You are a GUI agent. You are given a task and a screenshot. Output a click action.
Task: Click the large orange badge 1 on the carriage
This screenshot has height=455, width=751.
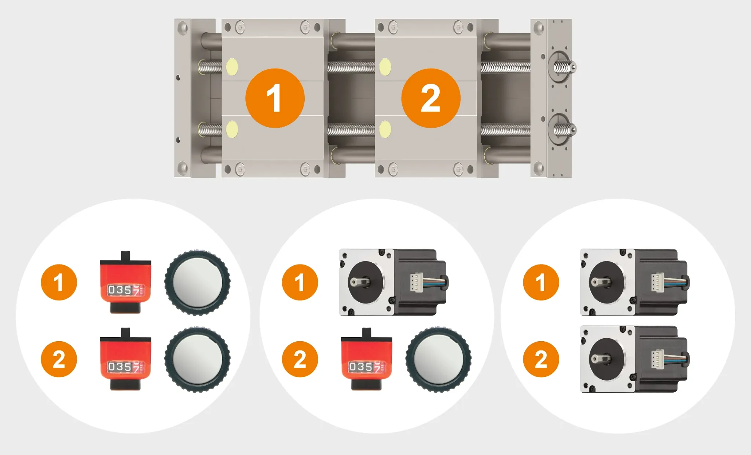(x=275, y=98)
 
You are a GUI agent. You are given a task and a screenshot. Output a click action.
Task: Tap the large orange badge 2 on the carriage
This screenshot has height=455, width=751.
(x=431, y=98)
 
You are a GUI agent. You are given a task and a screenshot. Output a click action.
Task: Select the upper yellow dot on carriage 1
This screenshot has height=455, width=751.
(x=232, y=67)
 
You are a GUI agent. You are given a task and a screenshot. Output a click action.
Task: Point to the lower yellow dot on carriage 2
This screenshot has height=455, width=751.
(x=385, y=129)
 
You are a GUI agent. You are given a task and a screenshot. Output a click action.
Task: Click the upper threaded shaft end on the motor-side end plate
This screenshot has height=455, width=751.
(x=565, y=67)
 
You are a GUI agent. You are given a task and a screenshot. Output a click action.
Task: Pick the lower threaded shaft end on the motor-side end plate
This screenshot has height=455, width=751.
(x=565, y=130)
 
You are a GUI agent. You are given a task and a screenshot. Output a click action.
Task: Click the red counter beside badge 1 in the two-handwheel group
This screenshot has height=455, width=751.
(x=125, y=282)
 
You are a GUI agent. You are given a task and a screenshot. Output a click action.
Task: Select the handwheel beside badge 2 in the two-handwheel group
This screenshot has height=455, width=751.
(x=198, y=360)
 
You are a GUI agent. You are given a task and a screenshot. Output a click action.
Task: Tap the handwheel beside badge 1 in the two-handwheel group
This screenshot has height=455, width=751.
(x=198, y=283)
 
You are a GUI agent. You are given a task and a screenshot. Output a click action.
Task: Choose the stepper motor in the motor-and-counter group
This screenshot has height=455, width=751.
(x=393, y=283)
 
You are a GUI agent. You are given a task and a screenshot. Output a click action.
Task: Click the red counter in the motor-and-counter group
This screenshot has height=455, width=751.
(x=367, y=359)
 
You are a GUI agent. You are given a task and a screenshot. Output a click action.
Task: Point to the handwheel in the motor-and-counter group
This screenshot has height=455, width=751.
(x=439, y=360)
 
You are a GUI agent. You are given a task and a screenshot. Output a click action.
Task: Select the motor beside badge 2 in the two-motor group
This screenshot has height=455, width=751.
(x=635, y=359)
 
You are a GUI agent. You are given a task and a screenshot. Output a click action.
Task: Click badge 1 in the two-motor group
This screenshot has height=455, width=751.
(x=541, y=283)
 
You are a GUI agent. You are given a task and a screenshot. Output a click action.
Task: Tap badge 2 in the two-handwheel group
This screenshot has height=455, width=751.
(x=59, y=359)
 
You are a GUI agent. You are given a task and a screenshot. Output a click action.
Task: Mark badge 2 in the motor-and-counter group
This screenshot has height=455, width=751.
(x=300, y=359)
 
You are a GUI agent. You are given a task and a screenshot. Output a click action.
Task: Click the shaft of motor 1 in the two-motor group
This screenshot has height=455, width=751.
(x=600, y=282)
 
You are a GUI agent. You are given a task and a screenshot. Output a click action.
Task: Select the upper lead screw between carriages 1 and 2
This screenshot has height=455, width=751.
(x=351, y=67)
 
